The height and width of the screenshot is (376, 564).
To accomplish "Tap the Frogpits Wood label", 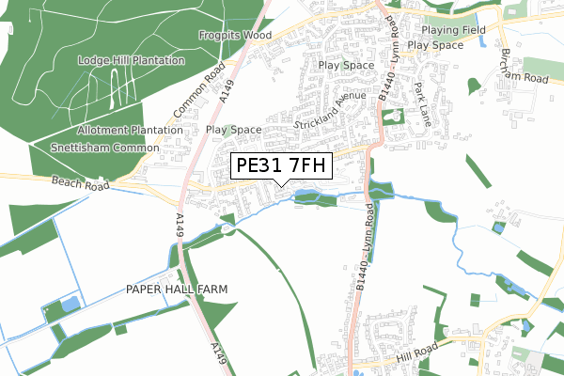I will pos(233,37).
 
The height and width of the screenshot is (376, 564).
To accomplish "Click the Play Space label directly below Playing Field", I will pos(435,45).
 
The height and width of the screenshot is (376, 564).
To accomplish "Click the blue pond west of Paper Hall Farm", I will pos(70,304).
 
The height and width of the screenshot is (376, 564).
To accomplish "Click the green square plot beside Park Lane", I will pos(392,116).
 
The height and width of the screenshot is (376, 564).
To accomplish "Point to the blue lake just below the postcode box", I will pos(305,196).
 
